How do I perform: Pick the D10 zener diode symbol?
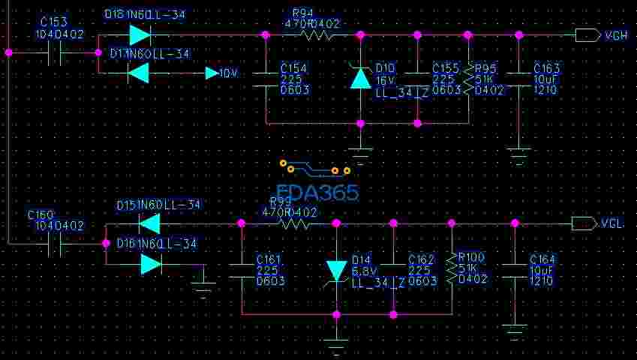click(x=361, y=78)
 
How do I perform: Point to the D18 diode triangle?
click(x=140, y=35)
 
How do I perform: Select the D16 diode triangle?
click(x=151, y=263)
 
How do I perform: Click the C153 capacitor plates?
click(x=54, y=52)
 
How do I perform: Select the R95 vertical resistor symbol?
click(x=468, y=79)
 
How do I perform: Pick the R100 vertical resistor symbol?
click(x=452, y=268)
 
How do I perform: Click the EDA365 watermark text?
click(x=317, y=193)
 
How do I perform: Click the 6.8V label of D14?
click(x=362, y=270)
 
